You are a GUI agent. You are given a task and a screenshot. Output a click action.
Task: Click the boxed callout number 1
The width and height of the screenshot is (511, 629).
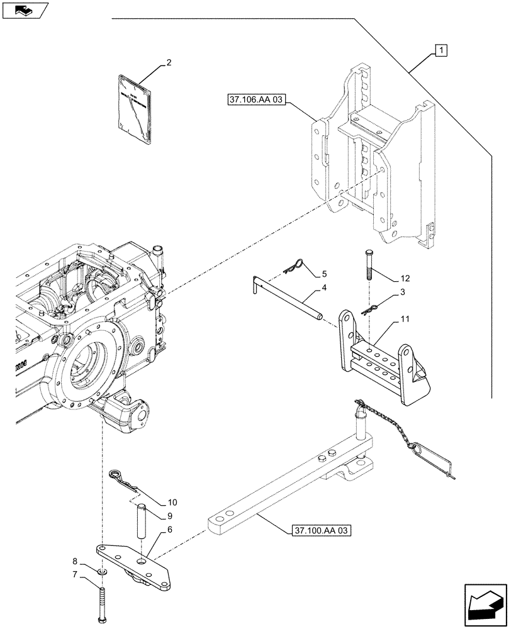[441, 50]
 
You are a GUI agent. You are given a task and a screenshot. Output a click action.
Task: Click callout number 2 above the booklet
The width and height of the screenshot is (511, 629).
[168, 63]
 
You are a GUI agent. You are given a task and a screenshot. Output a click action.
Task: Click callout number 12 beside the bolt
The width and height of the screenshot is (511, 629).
[403, 279]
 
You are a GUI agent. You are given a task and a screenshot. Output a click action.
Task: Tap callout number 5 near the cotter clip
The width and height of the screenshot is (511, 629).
[324, 274]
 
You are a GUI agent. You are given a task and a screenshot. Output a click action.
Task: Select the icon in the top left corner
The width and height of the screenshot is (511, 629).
[25, 9]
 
